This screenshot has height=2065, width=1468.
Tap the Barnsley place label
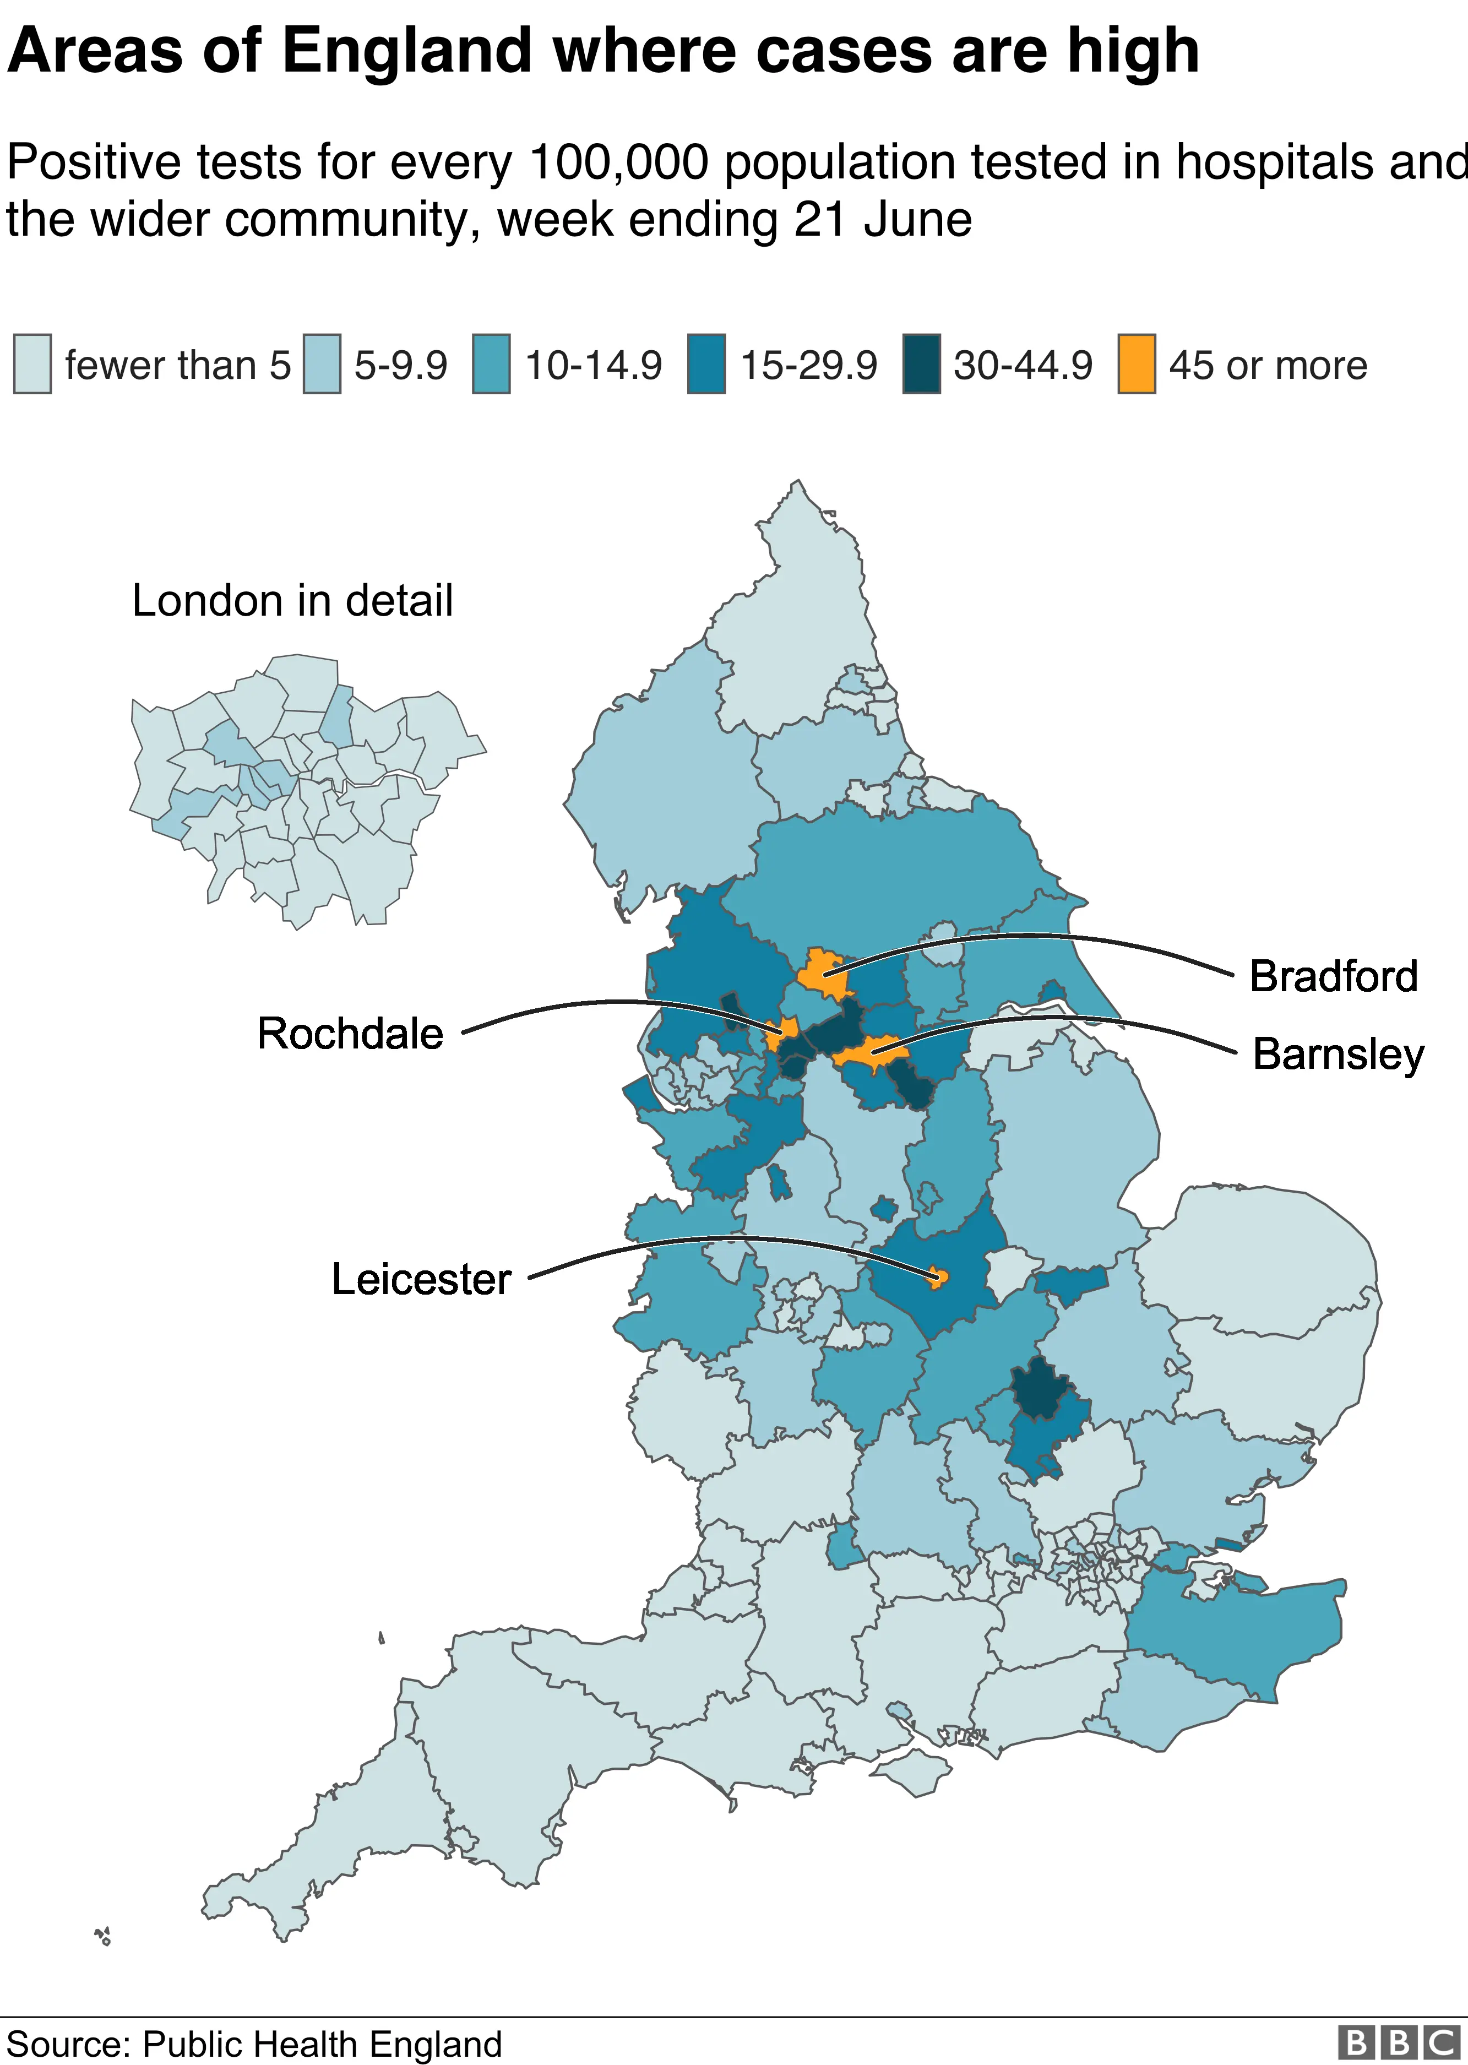[x=1338, y=1055]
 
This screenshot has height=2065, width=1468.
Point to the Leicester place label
[x=421, y=1280]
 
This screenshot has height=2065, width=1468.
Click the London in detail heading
[x=292, y=601]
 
